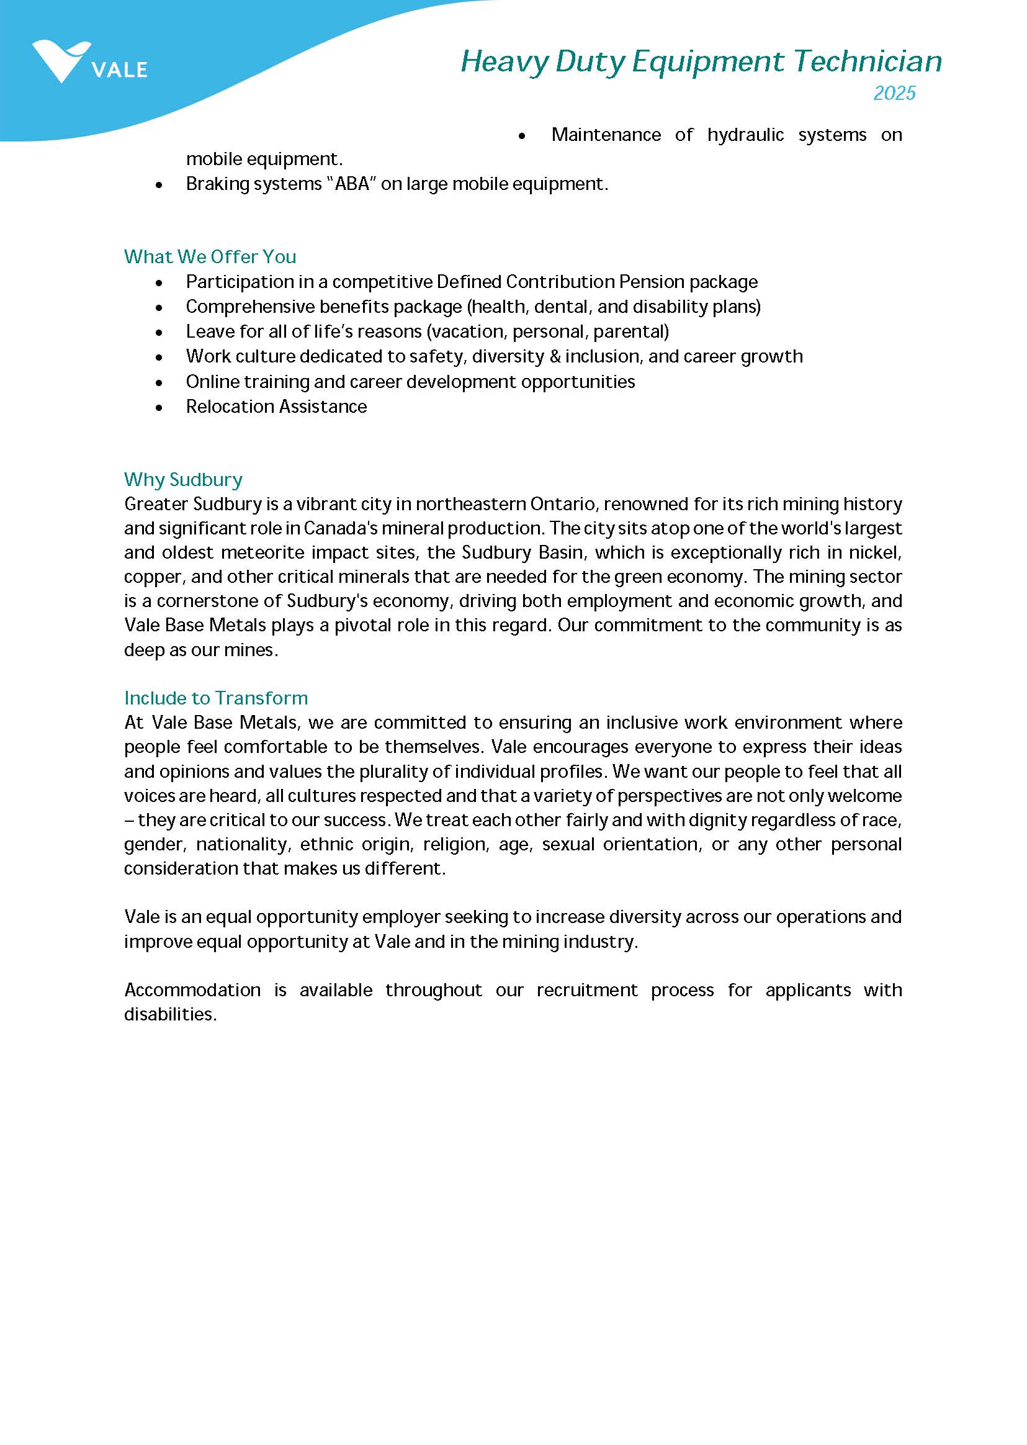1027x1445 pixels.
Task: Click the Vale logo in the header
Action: [x=89, y=62]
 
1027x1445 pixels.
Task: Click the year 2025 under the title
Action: [x=894, y=93]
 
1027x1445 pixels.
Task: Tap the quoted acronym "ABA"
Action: [x=353, y=184]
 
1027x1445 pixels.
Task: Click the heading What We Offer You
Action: [x=210, y=257]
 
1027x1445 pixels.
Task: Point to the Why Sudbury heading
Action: [x=184, y=479]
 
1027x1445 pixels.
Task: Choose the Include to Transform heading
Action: [x=217, y=698]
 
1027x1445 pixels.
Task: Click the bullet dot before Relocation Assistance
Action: [x=159, y=407]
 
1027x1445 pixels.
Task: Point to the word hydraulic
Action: [x=746, y=135]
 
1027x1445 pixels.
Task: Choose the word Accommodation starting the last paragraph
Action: [x=192, y=989]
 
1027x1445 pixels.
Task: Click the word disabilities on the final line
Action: [x=170, y=1014]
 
